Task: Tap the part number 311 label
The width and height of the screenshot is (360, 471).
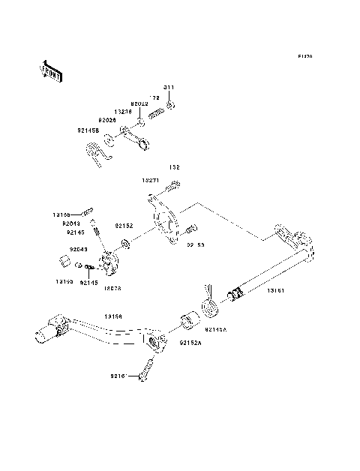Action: click(169, 88)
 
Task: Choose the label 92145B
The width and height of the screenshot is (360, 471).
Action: click(87, 129)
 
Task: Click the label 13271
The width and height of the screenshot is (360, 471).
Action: click(150, 181)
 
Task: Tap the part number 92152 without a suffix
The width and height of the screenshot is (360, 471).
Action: click(124, 225)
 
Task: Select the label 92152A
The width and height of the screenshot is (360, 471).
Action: click(190, 342)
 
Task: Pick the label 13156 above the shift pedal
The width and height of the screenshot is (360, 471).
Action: click(114, 317)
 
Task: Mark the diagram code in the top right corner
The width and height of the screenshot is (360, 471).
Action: click(304, 56)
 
